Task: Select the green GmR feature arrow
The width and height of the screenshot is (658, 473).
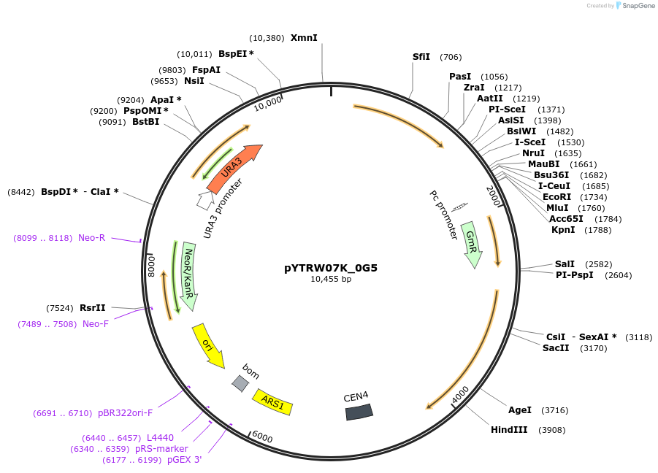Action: tap(472, 244)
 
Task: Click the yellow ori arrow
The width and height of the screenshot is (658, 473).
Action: tap(207, 345)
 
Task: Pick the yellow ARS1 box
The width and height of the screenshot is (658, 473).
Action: tap(272, 401)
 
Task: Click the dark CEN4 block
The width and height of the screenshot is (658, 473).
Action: tap(359, 412)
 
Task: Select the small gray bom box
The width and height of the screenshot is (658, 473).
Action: tap(240, 382)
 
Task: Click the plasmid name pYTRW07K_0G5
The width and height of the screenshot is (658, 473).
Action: tap(331, 267)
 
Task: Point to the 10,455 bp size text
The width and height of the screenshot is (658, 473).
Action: tap(331, 279)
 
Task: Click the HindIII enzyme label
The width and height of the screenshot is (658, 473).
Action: tap(509, 429)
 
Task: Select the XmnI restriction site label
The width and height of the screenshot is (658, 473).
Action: tap(304, 38)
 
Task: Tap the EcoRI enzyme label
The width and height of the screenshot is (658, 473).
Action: tap(557, 197)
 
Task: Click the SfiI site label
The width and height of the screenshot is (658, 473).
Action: tap(421, 57)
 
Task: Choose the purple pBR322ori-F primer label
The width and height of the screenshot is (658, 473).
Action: tap(126, 413)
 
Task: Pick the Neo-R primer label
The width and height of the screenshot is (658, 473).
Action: tap(92, 238)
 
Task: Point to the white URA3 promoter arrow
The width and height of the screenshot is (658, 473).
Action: tap(205, 199)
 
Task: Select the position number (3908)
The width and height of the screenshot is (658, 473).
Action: tap(551, 430)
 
